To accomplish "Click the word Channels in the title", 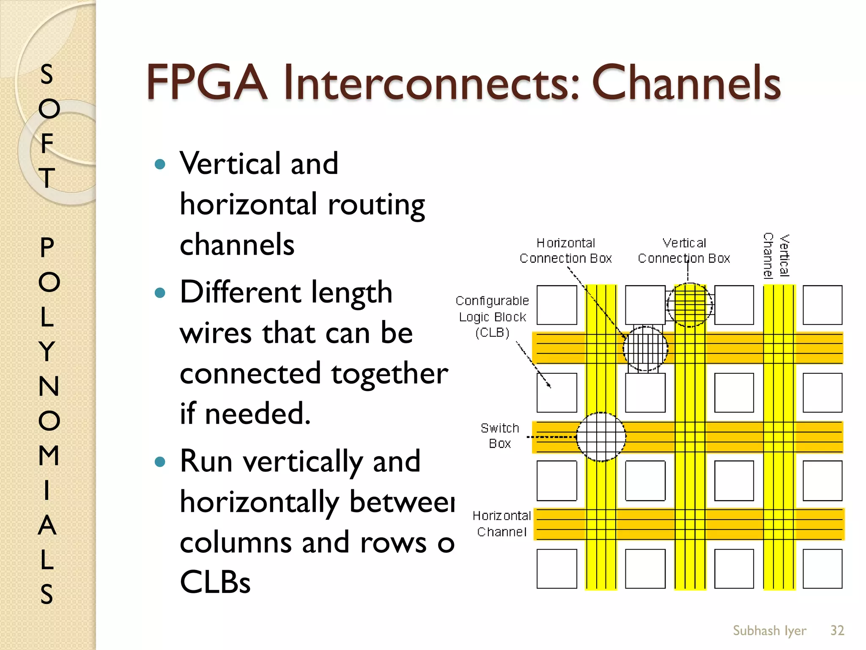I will (686, 83).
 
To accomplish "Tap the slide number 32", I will (837, 631).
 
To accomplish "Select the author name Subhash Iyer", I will (769, 631).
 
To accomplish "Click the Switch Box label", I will (500, 436).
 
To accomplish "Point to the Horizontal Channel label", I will (502, 523).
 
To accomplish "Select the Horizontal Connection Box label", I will (565, 251).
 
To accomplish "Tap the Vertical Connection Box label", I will (684, 251).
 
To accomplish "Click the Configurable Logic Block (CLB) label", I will (492, 317).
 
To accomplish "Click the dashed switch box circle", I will (601, 437).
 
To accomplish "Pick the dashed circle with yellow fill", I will (690, 305).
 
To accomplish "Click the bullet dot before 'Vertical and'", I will (160, 164).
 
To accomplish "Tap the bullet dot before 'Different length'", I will (160, 292).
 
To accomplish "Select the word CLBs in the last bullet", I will (215, 582).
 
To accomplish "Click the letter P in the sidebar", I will (47, 247).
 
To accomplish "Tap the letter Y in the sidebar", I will (47, 351).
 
